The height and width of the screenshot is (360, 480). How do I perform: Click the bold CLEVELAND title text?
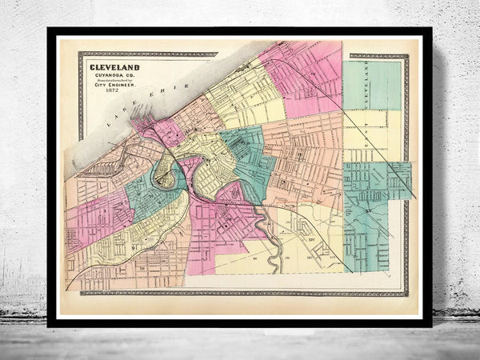coord(117,67)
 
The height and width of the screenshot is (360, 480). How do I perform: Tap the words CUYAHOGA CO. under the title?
coord(117,76)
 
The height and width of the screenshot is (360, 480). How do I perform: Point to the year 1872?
coord(117,97)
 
